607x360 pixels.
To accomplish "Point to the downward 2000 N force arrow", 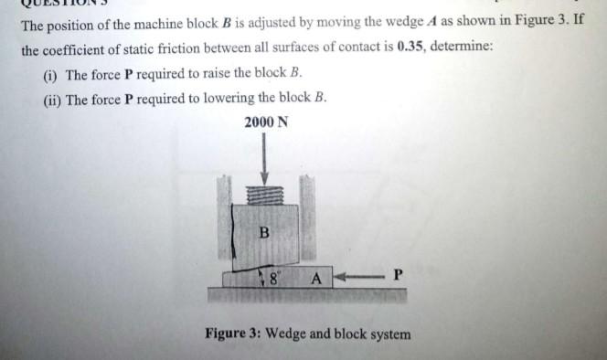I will coord(265,161).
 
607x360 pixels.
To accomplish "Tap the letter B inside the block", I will coord(263,231).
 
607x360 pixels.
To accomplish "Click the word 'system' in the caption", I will coord(388,334).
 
